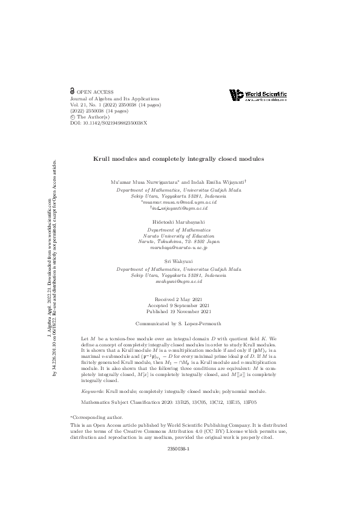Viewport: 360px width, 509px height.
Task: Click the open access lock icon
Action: [x=73, y=91]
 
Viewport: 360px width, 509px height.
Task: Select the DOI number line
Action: [x=108, y=123]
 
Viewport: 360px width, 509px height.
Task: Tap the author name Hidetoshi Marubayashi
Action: [x=179, y=223]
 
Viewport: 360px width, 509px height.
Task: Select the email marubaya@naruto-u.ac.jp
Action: [x=179, y=247]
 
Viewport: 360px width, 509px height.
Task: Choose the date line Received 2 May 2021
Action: [x=179, y=300]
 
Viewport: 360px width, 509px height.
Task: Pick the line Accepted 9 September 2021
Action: [x=179, y=306]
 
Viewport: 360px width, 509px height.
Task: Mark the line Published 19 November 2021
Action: [x=179, y=312]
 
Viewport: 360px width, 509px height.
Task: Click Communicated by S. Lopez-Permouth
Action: [x=179, y=323]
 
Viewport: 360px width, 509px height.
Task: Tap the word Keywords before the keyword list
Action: [x=92, y=375]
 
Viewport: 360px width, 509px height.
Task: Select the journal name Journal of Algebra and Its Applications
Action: [x=115, y=98]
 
